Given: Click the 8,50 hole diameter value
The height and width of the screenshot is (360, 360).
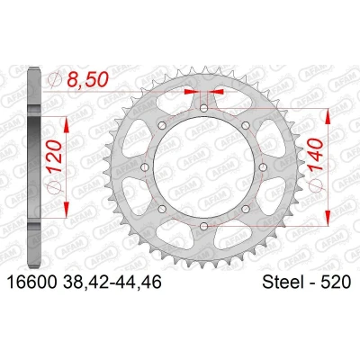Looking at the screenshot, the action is pos(87,80).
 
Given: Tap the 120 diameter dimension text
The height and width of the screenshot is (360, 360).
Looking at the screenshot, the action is pos(55,157).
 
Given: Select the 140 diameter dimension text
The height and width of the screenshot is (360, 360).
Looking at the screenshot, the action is pos(316,155).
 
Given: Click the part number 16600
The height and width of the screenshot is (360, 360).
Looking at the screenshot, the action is pos(31,283).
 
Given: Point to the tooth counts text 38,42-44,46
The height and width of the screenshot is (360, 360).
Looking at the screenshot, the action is pos(112,283).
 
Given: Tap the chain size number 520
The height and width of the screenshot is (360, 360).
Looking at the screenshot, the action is pos(336,283).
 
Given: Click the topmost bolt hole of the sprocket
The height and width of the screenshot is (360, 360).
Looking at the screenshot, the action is pos(204,108).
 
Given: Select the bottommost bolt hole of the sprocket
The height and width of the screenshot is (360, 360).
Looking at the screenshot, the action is pos(204,226).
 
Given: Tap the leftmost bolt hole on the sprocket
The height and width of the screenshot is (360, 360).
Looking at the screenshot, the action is pos(145,167).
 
